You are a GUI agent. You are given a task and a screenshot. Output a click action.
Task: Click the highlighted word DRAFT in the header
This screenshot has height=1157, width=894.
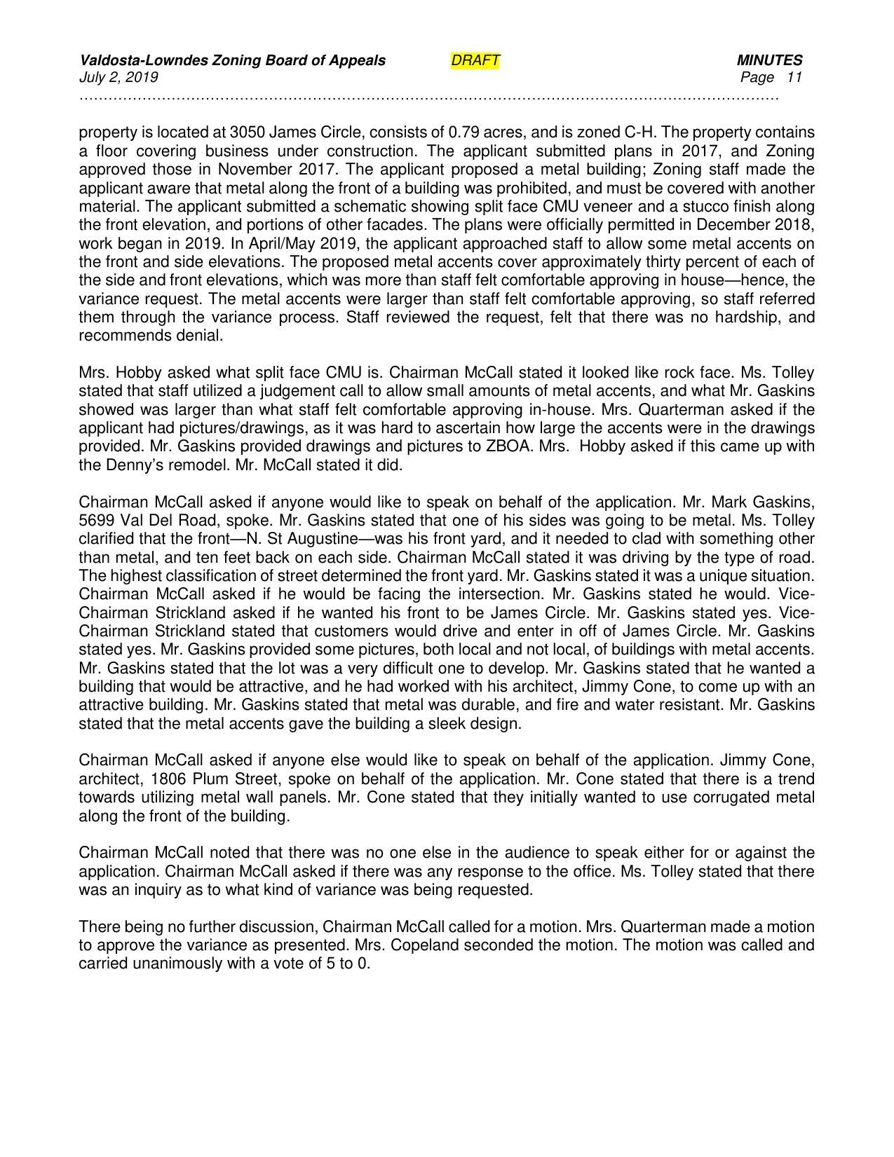(475, 61)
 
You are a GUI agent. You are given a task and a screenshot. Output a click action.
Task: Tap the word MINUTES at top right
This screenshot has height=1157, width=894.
(769, 61)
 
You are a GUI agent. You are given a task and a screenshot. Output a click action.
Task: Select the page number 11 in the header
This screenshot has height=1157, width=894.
(794, 77)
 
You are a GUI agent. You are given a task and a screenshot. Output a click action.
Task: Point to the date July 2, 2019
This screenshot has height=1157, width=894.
(118, 77)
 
